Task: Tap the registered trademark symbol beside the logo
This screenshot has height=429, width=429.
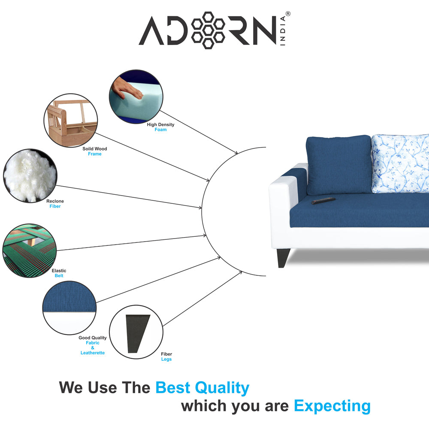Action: pyautogui.click(x=288, y=14)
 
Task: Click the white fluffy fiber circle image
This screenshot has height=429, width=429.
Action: pyautogui.click(x=29, y=175)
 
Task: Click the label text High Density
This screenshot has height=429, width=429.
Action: pyautogui.click(x=160, y=124)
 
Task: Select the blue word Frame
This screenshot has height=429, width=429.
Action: pyautogui.click(x=95, y=154)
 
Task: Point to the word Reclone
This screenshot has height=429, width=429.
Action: pyautogui.click(x=55, y=201)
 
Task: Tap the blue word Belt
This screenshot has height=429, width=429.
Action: pyautogui.click(x=59, y=276)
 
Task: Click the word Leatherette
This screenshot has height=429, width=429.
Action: pyautogui.click(x=93, y=353)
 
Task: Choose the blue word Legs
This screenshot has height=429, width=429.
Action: pyautogui.click(x=166, y=360)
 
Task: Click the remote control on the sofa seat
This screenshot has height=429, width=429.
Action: pyautogui.click(x=323, y=200)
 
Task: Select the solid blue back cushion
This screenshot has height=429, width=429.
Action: pyautogui.click(x=339, y=165)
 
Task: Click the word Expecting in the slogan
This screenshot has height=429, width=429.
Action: pyautogui.click(x=332, y=405)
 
